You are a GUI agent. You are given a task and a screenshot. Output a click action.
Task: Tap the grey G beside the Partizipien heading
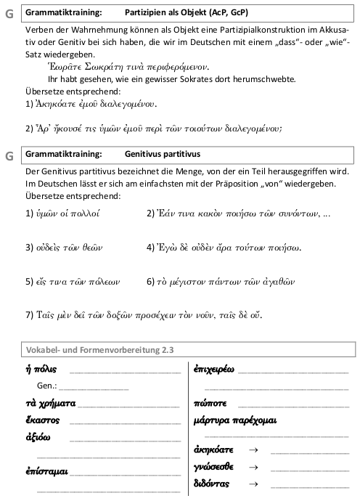(x=9, y=15)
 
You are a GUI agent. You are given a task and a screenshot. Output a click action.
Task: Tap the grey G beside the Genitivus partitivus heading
(x=9, y=155)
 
